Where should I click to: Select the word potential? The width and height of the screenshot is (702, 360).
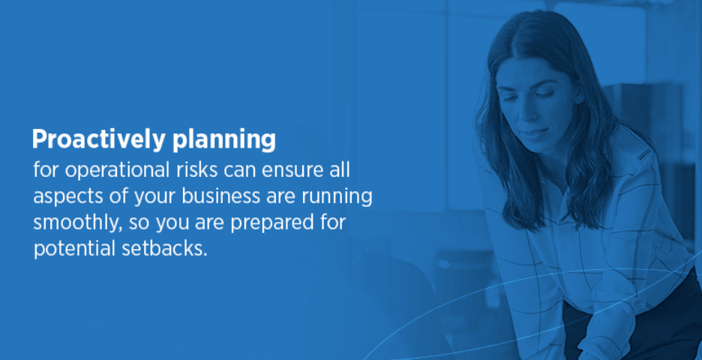pyautogui.click(x=72, y=249)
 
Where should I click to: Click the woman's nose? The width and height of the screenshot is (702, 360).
pyautogui.click(x=533, y=110)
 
